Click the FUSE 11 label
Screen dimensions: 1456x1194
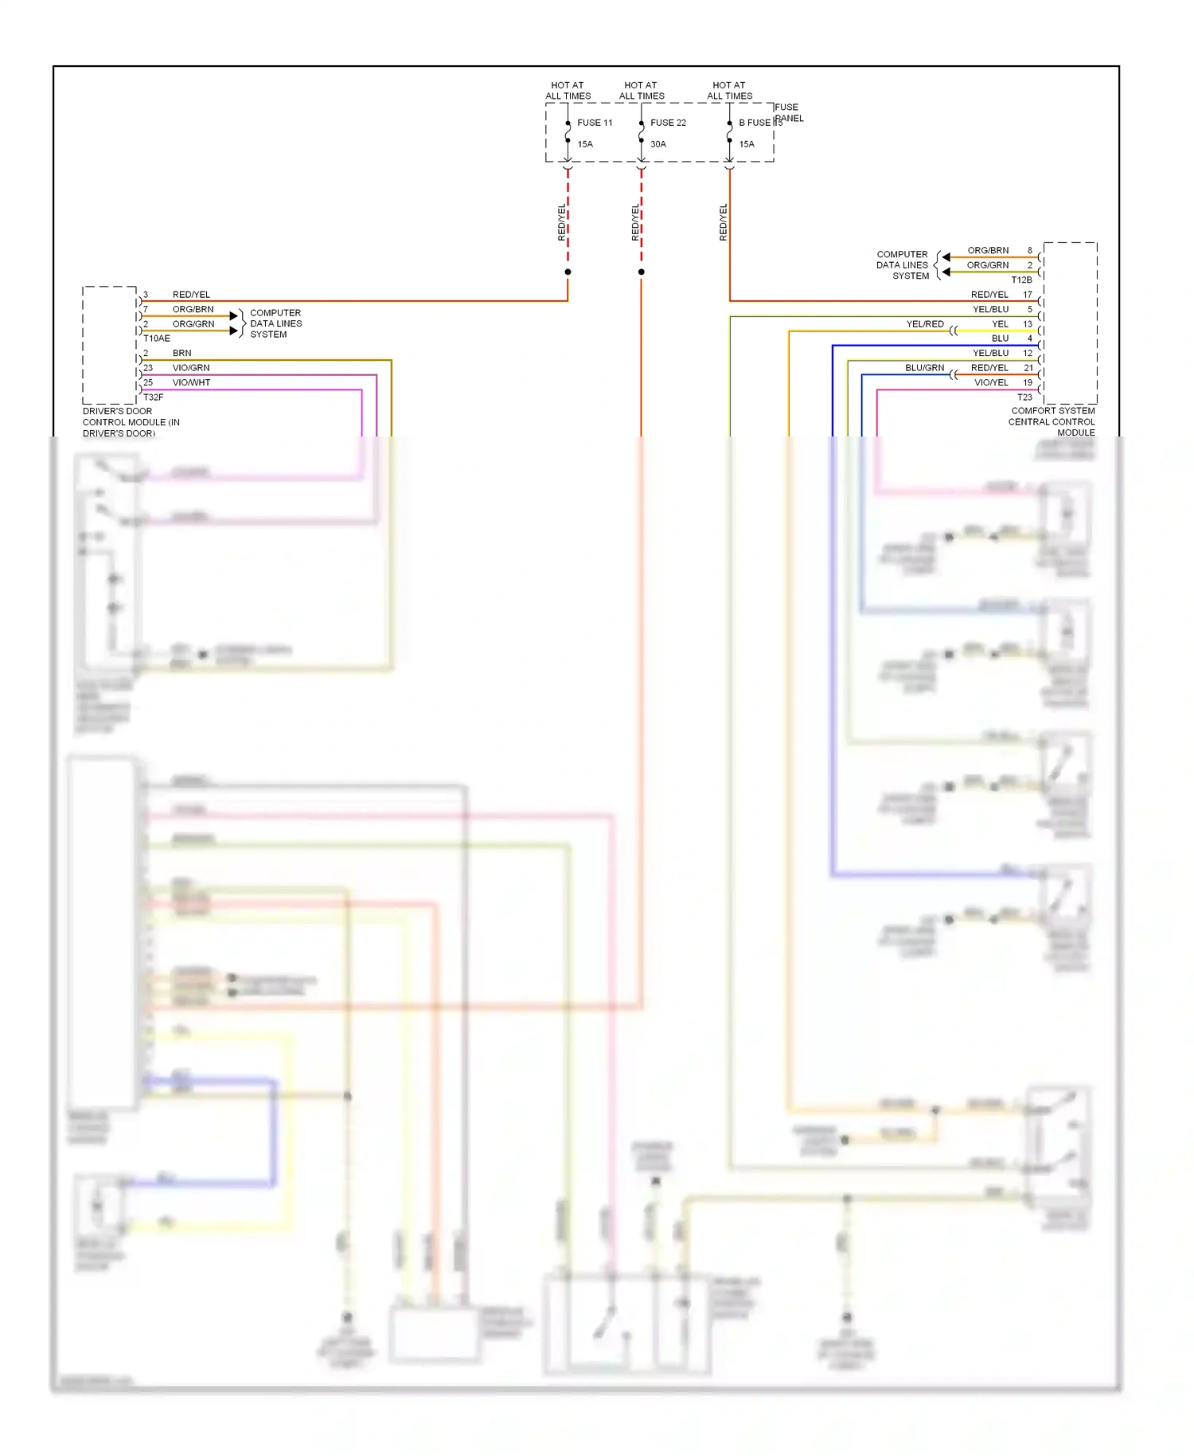595,123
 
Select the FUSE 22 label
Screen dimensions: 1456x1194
668,123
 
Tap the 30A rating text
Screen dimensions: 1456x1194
658,144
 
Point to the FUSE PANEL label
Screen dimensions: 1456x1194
788,112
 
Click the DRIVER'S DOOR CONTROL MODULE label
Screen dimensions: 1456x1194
131,422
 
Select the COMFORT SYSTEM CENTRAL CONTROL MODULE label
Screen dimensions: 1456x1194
1052,421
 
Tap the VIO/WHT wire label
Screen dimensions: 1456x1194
191,382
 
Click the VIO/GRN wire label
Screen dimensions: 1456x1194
191,368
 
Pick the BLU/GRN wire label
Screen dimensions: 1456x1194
924,368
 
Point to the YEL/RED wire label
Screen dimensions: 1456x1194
925,324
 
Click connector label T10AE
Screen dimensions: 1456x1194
157,339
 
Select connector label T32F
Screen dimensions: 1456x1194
154,397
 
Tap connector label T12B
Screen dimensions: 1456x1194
1021,280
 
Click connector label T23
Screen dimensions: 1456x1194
1024,397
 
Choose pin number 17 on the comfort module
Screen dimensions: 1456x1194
1028,295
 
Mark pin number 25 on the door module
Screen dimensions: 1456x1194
148,382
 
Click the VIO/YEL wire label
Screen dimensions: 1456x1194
991,382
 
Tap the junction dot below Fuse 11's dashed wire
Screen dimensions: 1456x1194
568,272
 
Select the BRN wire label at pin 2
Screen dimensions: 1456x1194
181,353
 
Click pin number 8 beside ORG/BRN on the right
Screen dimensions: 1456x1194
1029,250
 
